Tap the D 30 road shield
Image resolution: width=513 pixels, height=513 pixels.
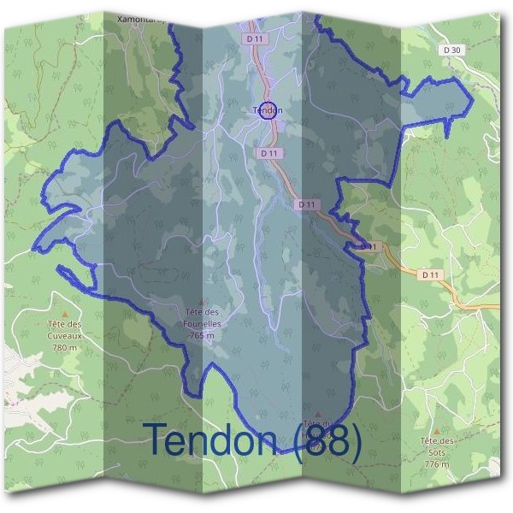pos(453,50)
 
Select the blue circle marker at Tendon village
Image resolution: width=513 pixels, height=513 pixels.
pos(268,110)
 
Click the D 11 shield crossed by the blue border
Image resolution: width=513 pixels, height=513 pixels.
pos(369,246)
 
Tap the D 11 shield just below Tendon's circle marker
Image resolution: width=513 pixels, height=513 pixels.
pos(268,153)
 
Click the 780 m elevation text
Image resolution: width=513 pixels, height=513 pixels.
pos(64,348)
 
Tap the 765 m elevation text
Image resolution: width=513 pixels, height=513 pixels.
pos(202,336)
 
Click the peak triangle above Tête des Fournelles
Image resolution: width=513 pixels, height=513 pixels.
pos(202,301)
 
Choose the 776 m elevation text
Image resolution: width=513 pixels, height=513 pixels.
pos(436,463)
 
